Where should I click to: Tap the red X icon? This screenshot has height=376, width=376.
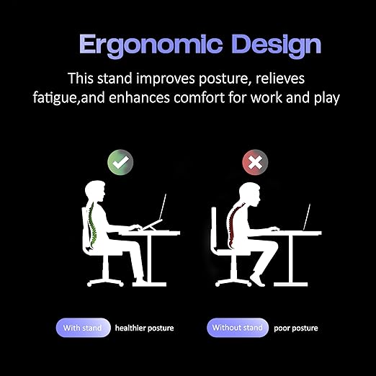(x=254, y=162)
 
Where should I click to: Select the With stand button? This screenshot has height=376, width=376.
(x=82, y=328)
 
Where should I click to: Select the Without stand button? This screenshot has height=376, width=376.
(x=237, y=328)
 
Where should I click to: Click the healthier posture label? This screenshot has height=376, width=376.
(x=144, y=328)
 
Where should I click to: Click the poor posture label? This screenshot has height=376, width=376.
(x=295, y=328)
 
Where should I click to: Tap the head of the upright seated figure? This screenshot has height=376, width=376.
(x=96, y=192)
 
